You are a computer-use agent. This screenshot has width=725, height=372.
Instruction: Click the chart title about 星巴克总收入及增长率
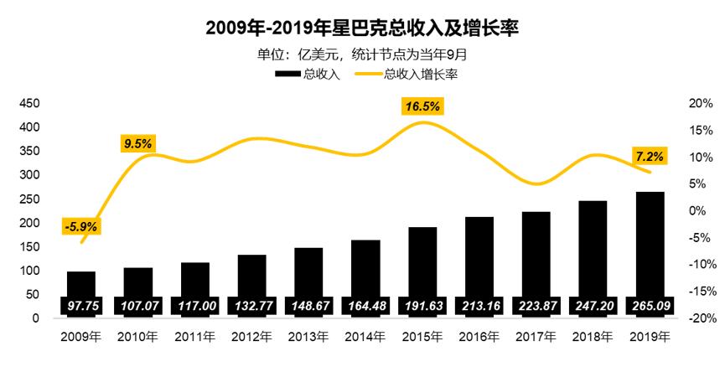click(x=362, y=28)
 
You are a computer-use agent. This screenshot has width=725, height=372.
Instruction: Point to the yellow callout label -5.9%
click(x=81, y=225)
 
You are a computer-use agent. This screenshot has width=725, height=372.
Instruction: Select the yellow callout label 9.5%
click(x=137, y=143)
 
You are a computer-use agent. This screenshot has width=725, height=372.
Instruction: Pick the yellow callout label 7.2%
click(x=650, y=156)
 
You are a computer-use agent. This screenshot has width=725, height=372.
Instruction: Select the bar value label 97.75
click(x=81, y=307)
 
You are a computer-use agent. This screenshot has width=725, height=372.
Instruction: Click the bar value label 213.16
click(x=479, y=307)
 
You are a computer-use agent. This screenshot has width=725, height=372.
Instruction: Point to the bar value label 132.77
click(x=251, y=307)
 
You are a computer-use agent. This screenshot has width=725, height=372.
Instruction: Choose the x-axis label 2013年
click(x=308, y=337)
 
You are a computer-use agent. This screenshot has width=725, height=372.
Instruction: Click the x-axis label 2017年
click(x=536, y=337)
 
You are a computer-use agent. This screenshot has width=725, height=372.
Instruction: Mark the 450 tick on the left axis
click(x=29, y=103)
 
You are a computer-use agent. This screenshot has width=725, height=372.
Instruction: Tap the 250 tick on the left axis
click(x=29, y=199)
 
